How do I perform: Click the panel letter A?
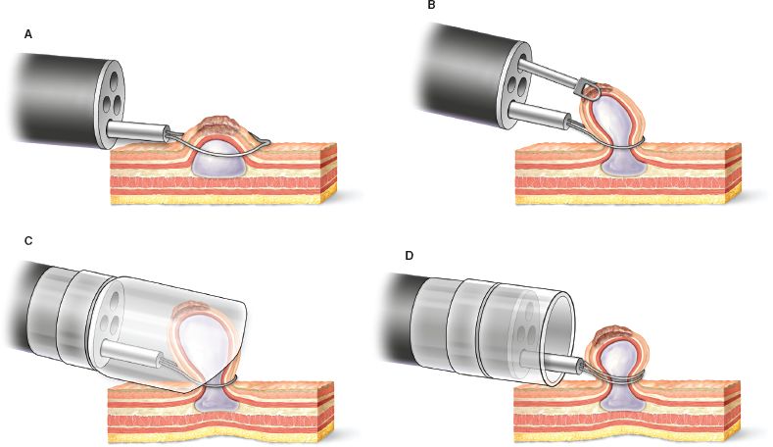pos(28,34)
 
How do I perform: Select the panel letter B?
pos(430,7)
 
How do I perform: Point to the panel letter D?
pos(409,256)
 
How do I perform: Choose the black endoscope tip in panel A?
pos(59,98)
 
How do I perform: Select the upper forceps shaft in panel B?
pos(554,74)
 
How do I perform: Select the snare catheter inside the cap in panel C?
pos(137,355)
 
